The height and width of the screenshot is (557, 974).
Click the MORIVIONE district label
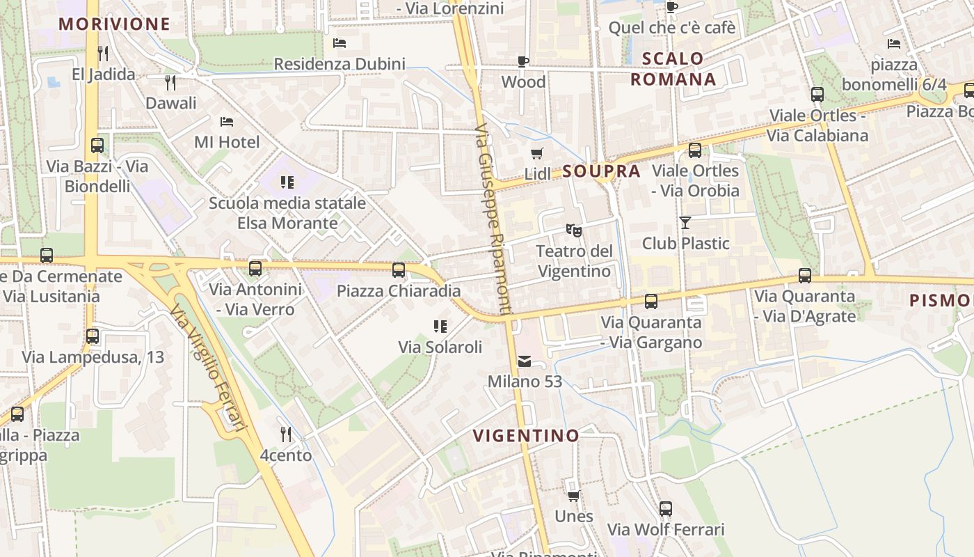(x=114, y=24)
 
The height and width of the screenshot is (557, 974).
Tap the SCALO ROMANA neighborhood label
(x=673, y=68)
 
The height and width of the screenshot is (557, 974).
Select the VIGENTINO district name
(x=526, y=436)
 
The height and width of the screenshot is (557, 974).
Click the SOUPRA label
(x=601, y=171)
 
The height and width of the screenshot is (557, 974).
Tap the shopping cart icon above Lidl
(x=536, y=153)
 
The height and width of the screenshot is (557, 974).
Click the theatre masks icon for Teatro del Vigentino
(x=573, y=229)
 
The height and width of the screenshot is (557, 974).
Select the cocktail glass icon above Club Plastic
(x=685, y=222)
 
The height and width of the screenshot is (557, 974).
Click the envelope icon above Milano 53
(x=525, y=361)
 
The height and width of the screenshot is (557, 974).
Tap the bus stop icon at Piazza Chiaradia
(x=399, y=270)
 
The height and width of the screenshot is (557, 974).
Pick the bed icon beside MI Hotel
(x=227, y=121)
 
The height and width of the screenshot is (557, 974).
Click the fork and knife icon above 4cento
(x=285, y=434)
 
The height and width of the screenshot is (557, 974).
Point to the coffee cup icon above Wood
(x=523, y=61)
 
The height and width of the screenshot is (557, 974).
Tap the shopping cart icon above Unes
(x=573, y=496)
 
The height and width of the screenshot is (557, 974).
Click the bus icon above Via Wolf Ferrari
(x=666, y=508)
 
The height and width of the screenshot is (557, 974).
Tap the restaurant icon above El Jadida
(x=103, y=53)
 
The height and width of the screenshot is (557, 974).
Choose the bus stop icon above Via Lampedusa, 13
(x=93, y=336)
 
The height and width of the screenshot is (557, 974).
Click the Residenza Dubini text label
(x=339, y=64)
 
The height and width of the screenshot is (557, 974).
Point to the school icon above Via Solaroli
(x=440, y=326)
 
